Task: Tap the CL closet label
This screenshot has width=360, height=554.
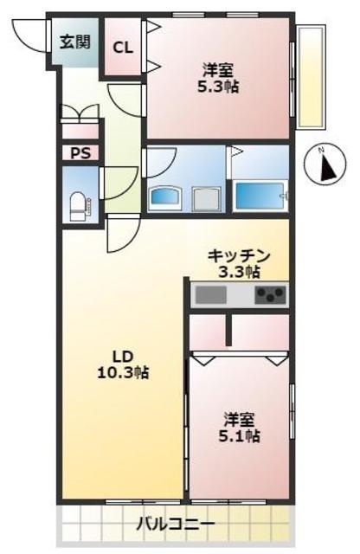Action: [x=123, y=48]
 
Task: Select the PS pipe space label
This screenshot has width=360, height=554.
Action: [x=80, y=154]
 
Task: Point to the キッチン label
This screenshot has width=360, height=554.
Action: [x=239, y=256]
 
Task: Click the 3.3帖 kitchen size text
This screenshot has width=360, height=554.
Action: [x=239, y=272]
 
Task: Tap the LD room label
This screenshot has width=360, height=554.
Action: [x=122, y=357]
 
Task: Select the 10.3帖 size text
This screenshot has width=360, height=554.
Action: [x=122, y=373]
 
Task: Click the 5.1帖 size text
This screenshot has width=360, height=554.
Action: [x=239, y=436]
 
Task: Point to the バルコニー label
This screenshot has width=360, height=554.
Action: [x=176, y=524]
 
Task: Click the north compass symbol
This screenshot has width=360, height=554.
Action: [x=325, y=164]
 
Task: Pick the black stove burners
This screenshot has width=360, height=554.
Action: [x=270, y=295]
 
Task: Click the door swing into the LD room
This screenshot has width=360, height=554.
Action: [x=123, y=232]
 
